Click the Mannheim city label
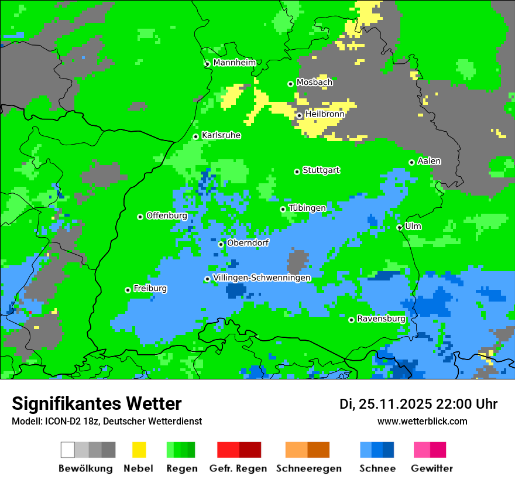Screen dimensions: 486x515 click(x=235, y=63)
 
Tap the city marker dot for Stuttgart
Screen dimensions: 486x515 click(x=297, y=172)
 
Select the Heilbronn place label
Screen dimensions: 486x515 click(x=325, y=114)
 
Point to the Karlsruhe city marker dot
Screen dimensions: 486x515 click(x=196, y=136)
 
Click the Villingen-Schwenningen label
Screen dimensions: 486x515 click(x=262, y=278)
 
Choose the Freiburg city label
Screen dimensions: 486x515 click(x=150, y=289)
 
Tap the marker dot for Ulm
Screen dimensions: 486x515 click(x=399, y=227)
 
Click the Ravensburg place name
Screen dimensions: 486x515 click(x=381, y=319)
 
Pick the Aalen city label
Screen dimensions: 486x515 click(x=429, y=161)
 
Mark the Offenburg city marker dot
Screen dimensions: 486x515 click(x=140, y=217)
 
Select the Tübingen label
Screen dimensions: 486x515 click(x=307, y=208)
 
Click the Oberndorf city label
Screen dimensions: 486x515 click(x=248, y=243)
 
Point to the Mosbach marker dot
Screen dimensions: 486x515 click(x=290, y=84)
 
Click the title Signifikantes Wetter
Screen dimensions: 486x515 click(x=97, y=403)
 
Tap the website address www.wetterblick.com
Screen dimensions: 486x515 click(x=422, y=421)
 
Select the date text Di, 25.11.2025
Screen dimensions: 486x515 click(x=385, y=404)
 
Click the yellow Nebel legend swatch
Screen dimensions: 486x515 click(x=139, y=450)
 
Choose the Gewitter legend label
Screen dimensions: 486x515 click(x=431, y=468)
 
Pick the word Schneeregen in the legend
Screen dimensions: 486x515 click(x=308, y=468)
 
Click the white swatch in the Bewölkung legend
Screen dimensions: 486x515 click(x=68, y=450)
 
